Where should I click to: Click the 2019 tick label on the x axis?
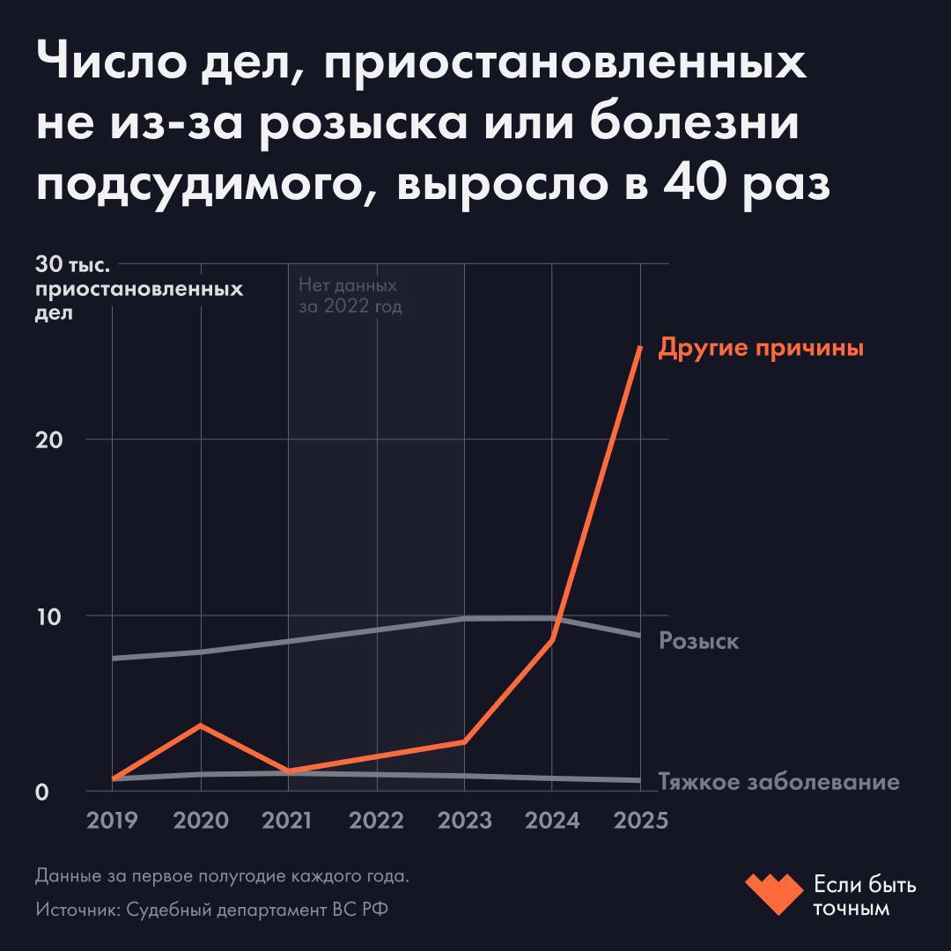113,820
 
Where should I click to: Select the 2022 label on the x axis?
376,820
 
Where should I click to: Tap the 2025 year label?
640,820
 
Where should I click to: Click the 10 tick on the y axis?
48,616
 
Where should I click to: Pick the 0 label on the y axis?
41,792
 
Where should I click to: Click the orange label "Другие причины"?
761,348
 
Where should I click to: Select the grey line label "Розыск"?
699,641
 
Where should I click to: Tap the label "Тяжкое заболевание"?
779,782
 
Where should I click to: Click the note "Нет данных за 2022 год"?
350,297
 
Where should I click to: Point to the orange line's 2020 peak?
201,725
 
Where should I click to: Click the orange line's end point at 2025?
640,348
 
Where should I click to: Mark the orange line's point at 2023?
464,742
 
